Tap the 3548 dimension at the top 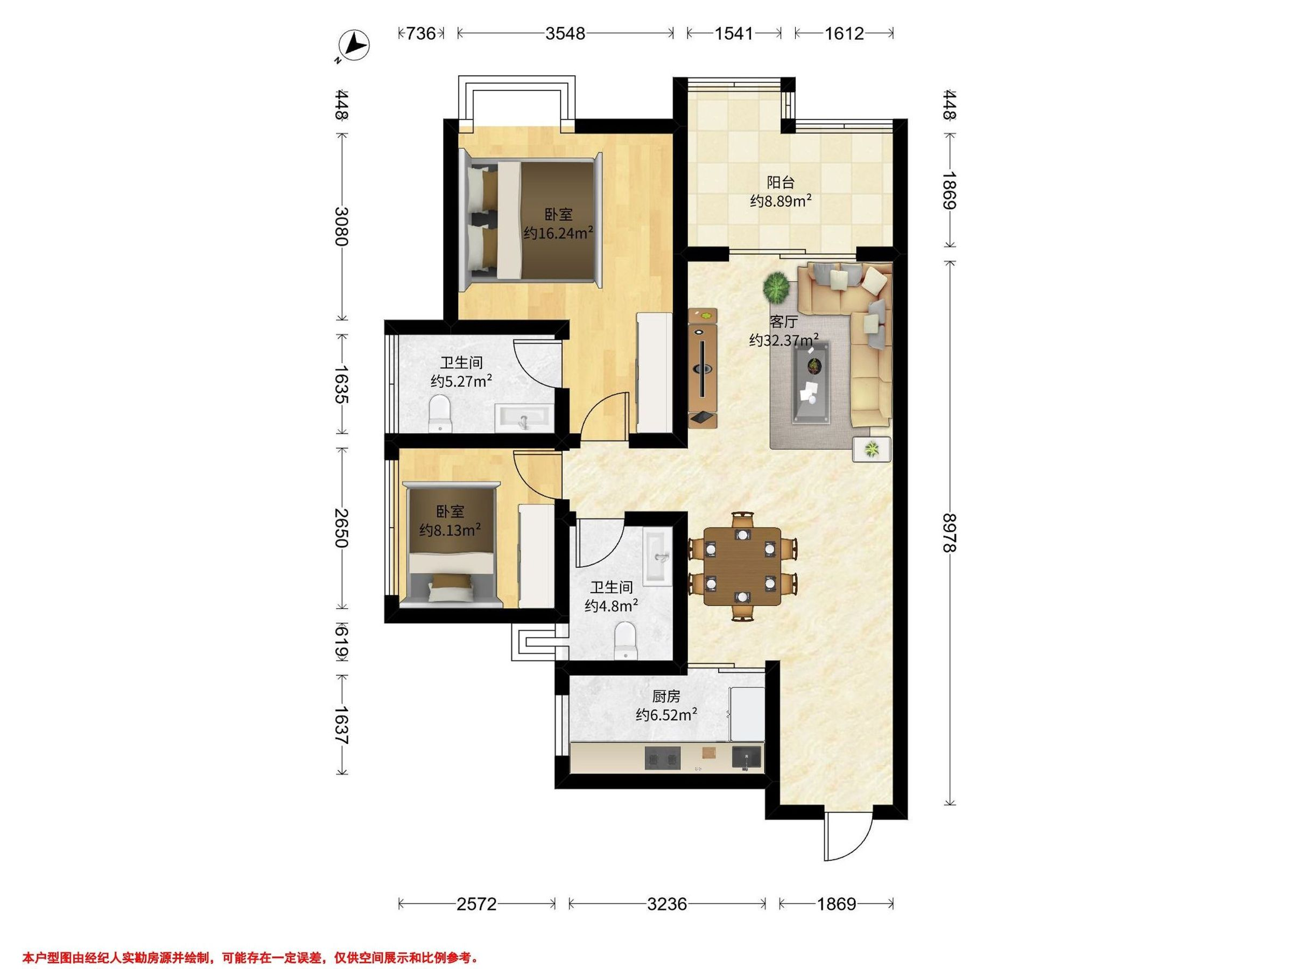(565, 34)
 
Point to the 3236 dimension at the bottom (667, 904)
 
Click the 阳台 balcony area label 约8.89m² (781, 201)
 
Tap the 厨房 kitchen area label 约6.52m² (666, 714)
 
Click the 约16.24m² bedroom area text (558, 234)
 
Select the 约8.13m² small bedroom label (450, 530)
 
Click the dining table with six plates (742, 566)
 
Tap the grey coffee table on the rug (811, 383)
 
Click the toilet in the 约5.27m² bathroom (440, 413)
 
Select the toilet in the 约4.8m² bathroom (626, 640)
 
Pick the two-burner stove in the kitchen (663, 759)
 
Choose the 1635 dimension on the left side (342, 384)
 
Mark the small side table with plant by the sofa (872, 449)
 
